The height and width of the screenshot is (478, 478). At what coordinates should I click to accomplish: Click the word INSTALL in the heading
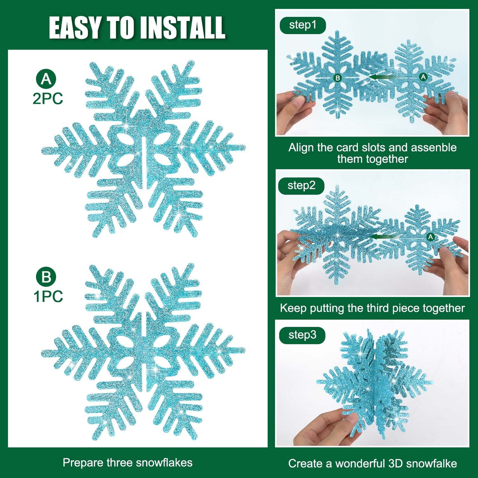tap(182, 28)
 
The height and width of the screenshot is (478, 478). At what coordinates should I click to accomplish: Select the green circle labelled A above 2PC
tap(46, 79)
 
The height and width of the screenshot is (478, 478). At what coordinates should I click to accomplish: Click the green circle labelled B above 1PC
tap(46, 277)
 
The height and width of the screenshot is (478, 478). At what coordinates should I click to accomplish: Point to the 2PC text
tap(48, 99)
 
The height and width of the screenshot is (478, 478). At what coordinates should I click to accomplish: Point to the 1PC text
tap(48, 296)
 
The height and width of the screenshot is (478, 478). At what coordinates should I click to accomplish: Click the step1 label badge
tap(302, 25)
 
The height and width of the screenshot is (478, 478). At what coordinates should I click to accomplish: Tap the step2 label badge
tap(301, 186)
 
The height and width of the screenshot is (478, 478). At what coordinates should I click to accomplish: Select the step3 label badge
tap(302, 335)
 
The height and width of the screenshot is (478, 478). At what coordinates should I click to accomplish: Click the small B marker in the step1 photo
tap(337, 78)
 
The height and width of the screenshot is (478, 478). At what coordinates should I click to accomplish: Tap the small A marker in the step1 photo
tap(423, 77)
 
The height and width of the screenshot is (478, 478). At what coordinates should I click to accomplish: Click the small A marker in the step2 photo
tap(430, 237)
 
